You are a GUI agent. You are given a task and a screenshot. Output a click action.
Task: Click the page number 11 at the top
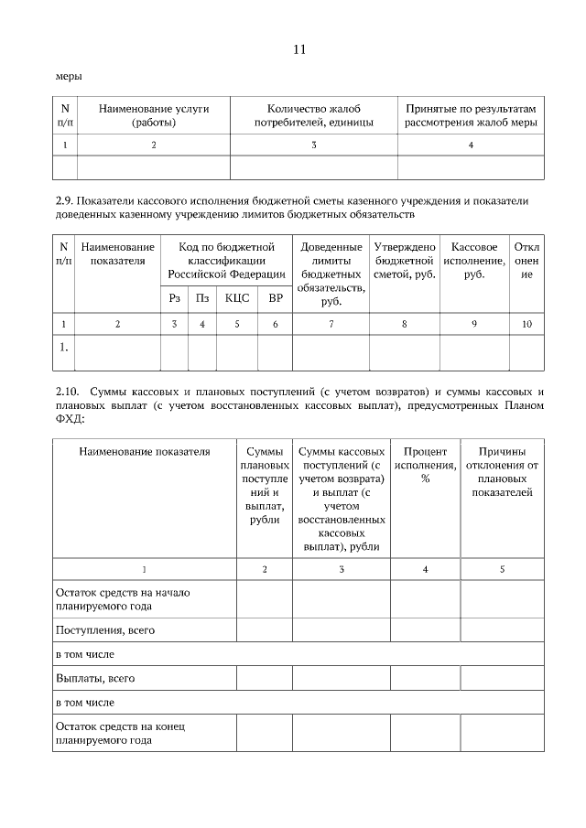298,49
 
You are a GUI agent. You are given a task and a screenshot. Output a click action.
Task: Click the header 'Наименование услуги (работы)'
154,115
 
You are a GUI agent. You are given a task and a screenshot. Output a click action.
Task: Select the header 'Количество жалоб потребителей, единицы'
313,115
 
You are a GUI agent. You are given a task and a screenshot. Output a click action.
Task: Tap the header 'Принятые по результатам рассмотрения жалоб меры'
471,115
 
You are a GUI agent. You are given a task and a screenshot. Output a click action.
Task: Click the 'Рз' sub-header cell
174,297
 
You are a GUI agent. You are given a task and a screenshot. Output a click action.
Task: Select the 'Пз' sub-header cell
202,297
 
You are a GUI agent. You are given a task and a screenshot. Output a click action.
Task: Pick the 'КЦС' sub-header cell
237,297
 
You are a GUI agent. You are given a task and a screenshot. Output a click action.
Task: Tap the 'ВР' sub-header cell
276,297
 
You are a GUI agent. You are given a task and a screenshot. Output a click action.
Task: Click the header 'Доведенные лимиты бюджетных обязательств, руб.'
331,274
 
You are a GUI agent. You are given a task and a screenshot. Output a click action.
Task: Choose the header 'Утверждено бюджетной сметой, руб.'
405,260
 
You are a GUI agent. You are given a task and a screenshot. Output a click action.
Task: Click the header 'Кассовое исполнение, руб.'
474,260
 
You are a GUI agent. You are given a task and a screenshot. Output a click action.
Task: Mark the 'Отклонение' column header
526,260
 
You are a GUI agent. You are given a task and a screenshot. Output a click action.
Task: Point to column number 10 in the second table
526,324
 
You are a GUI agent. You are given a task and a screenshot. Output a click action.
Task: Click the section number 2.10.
67,392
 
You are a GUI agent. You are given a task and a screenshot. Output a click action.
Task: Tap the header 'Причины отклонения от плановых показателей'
502,471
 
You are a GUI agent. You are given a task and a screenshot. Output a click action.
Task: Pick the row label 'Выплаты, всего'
95,678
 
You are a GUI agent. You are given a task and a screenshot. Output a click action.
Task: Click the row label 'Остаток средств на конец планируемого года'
120,733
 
